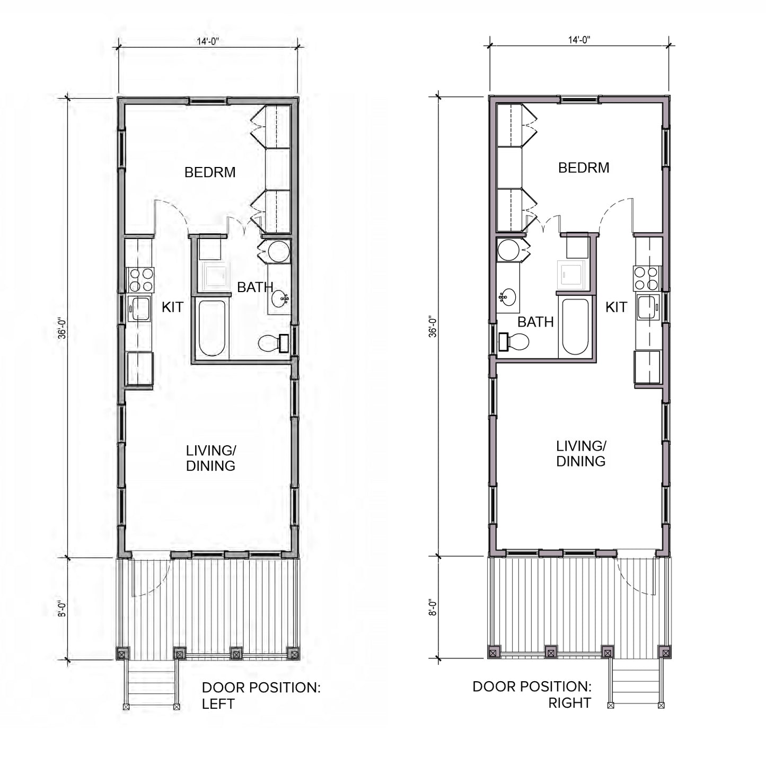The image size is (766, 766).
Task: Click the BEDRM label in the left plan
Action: (210, 172)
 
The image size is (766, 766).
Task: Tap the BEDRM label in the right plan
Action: (584, 168)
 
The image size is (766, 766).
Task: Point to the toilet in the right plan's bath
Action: (514, 341)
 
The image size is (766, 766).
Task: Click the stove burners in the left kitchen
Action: (140, 280)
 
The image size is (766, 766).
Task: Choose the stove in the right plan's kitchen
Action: (647, 278)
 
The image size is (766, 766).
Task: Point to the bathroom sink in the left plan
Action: (280, 298)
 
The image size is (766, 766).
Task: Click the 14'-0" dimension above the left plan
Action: (207, 41)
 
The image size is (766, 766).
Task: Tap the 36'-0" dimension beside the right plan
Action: (433, 327)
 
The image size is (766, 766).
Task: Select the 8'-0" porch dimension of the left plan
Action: (62, 609)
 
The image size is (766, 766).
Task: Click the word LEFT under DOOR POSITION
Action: (218, 704)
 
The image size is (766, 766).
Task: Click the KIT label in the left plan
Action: (172, 307)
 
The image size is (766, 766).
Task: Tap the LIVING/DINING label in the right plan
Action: (581, 454)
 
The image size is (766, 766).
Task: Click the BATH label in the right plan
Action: (535, 322)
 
